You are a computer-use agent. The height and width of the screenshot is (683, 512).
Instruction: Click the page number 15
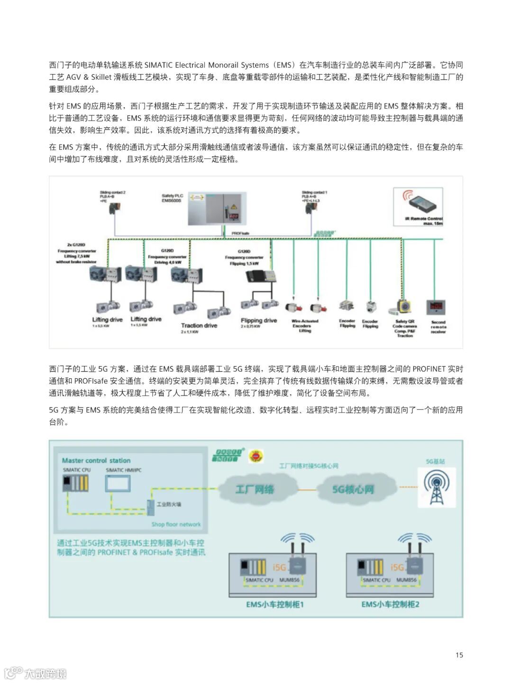tap(459, 655)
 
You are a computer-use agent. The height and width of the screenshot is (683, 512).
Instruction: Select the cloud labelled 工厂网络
tap(255, 489)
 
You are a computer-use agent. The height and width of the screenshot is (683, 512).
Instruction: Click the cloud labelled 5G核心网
tap(353, 489)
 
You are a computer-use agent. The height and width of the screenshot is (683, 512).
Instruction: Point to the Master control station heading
tap(96, 460)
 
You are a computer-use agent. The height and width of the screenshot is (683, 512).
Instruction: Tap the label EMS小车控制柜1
tap(274, 604)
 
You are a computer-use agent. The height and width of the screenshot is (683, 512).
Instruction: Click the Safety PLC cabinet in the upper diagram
tap(217, 208)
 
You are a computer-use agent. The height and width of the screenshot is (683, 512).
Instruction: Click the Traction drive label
tap(199, 326)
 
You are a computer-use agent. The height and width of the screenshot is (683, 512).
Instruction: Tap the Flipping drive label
tap(258, 320)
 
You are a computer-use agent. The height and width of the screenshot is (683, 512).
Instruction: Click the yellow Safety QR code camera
tap(404, 306)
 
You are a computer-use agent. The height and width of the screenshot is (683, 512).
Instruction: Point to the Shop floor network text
tap(176, 524)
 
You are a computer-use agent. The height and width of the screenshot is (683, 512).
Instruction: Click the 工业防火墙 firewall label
tap(169, 504)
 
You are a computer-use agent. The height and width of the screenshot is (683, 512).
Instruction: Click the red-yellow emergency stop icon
tap(256, 456)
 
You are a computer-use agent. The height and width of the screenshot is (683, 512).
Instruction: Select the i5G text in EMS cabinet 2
tap(397, 567)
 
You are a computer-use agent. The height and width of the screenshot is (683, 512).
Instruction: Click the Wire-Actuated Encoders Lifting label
tap(305, 326)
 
